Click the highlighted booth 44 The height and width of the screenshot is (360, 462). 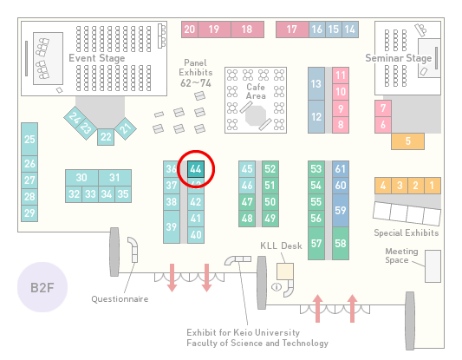(196, 169)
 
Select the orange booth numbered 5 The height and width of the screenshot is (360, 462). (407, 141)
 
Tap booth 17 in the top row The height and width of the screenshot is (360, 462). (292, 29)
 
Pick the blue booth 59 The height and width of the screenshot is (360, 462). (341, 210)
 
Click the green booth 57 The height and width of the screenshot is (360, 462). (316, 243)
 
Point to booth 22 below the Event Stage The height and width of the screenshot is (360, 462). (106, 137)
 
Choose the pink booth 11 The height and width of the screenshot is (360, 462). (341, 75)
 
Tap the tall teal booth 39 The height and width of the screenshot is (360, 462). (172, 226)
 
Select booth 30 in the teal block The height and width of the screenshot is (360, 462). (81, 178)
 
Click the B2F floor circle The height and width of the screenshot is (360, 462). (42, 287)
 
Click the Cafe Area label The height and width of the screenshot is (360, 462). (256, 91)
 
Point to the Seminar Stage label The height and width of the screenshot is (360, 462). (399, 58)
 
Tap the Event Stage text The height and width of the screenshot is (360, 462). (97, 58)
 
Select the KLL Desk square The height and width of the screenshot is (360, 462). (285, 272)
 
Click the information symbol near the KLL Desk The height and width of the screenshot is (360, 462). (277, 286)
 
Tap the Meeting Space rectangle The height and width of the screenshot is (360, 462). (433, 266)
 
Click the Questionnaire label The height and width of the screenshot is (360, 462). (120, 299)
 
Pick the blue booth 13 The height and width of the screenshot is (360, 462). (316, 84)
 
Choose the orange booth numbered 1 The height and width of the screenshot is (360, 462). (433, 186)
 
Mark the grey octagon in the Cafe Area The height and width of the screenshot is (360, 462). (256, 116)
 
